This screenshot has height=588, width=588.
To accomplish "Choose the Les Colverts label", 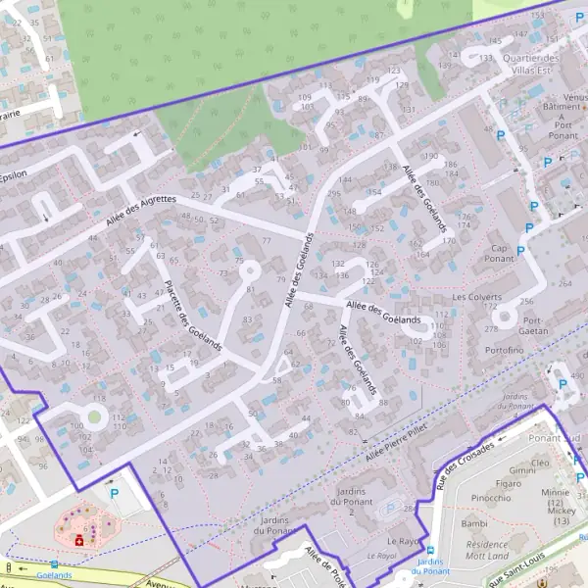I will click(x=476, y=296).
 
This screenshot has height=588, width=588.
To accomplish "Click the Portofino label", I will click(x=504, y=350).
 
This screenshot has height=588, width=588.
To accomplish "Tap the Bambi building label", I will click(x=447, y=524).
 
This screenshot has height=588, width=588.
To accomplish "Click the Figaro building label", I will click(x=509, y=483).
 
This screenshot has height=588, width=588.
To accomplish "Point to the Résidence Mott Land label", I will click(x=487, y=549).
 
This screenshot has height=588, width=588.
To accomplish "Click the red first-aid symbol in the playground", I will click(x=77, y=538).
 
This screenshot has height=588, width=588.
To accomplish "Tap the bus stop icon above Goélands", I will click(x=54, y=564).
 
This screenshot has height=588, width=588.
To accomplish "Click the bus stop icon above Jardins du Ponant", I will click(x=429, y=551).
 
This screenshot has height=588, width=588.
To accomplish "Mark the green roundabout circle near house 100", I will click(x=94, y=417).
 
